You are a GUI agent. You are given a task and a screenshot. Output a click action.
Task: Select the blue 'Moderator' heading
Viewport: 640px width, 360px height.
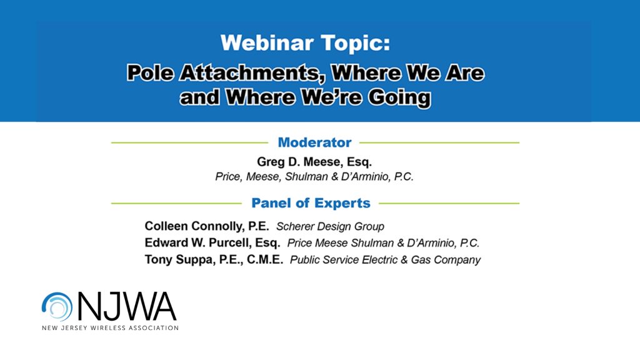[x=314, y=142]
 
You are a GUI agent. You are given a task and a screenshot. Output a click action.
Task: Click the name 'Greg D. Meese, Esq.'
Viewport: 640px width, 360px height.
[x=314, y=162]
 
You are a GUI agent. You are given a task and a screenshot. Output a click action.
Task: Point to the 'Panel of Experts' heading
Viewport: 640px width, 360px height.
[x=311, y=203]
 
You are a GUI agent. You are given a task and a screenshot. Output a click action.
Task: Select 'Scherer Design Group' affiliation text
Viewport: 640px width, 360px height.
[x=330, y=226]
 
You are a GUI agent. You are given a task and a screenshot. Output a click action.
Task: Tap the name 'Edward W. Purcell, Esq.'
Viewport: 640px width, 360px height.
[x=212, y=242]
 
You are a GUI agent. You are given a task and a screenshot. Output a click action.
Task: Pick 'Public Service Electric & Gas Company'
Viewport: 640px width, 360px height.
[x=385, y=260]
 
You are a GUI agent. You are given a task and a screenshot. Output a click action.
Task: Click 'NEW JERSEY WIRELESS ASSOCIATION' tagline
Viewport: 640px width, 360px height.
[x=110, y=328]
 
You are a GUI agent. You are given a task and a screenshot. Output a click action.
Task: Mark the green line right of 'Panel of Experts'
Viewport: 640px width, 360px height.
[x=449, y=203]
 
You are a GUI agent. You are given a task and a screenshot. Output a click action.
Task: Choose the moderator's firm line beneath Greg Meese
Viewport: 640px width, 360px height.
[x=314, y=177]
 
